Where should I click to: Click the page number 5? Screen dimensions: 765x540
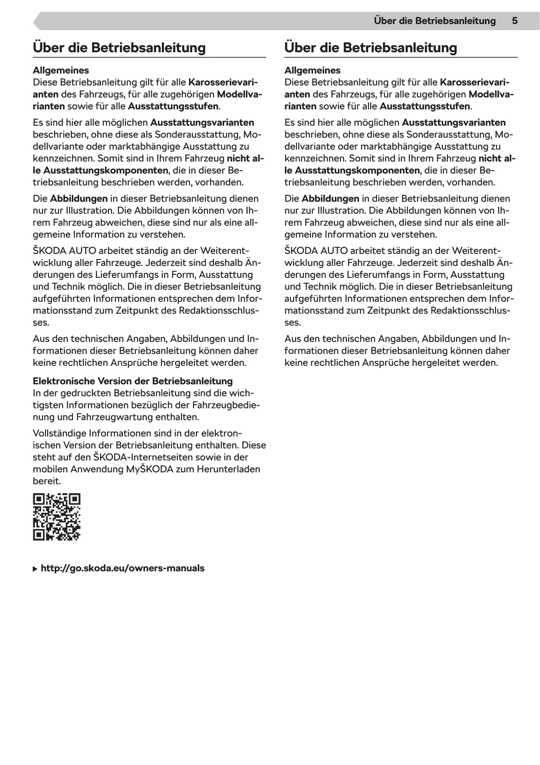pos(515,21)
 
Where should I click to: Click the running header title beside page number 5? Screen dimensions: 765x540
pos(434,21)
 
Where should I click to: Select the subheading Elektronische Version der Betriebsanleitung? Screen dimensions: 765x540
pos(132,381)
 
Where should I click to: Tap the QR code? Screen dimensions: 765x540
pos(57,517)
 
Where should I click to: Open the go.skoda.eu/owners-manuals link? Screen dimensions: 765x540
pos(122,568)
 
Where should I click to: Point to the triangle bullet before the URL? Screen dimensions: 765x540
pos(36,569)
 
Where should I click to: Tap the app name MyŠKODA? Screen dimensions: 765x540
pos(149,469)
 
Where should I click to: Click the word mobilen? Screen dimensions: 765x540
pos(50,469)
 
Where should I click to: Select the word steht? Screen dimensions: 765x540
pos(44,457)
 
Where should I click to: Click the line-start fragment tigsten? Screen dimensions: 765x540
pos(48,405)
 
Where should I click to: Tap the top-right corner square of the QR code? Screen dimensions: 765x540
pos(75,500)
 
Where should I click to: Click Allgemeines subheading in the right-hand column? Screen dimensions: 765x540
pos(312,70)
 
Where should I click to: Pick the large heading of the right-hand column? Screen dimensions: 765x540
pos(370,48)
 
